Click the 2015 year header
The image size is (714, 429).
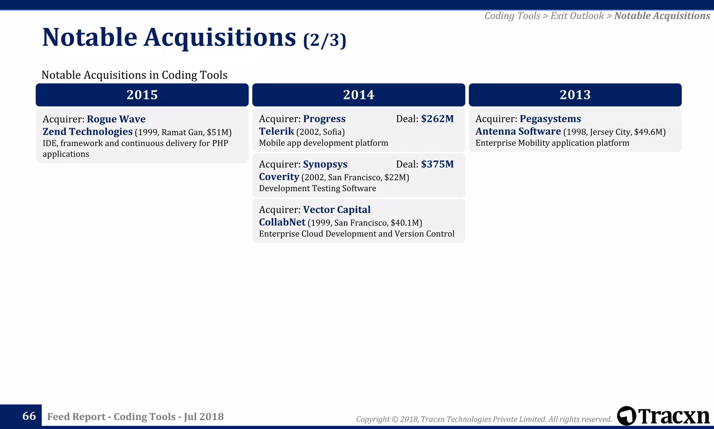[142, 95]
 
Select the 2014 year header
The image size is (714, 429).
[358, 95]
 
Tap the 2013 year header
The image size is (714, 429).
[575, 95]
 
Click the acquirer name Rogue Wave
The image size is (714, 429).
[116, 119]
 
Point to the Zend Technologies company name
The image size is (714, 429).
[88, 132]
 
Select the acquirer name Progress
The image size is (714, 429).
[324, 119]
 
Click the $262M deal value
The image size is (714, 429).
[437, 119]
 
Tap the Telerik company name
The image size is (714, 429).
[276, 132]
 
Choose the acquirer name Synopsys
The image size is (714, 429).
[325, 164]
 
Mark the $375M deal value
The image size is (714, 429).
[437, 164]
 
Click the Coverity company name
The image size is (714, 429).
[279, 177]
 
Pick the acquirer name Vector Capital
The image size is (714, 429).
[337, 210]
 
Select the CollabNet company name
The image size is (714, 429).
[282, 222]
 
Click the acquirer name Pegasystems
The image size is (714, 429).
[550, 119]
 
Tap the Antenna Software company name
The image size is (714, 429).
[518, 132]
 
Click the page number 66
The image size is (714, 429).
[29, 416]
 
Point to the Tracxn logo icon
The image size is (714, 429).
[626, 416]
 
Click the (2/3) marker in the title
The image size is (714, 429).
[324, 40]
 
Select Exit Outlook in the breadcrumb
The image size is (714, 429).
[577, 16]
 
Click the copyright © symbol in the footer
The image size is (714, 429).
[395, 419]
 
